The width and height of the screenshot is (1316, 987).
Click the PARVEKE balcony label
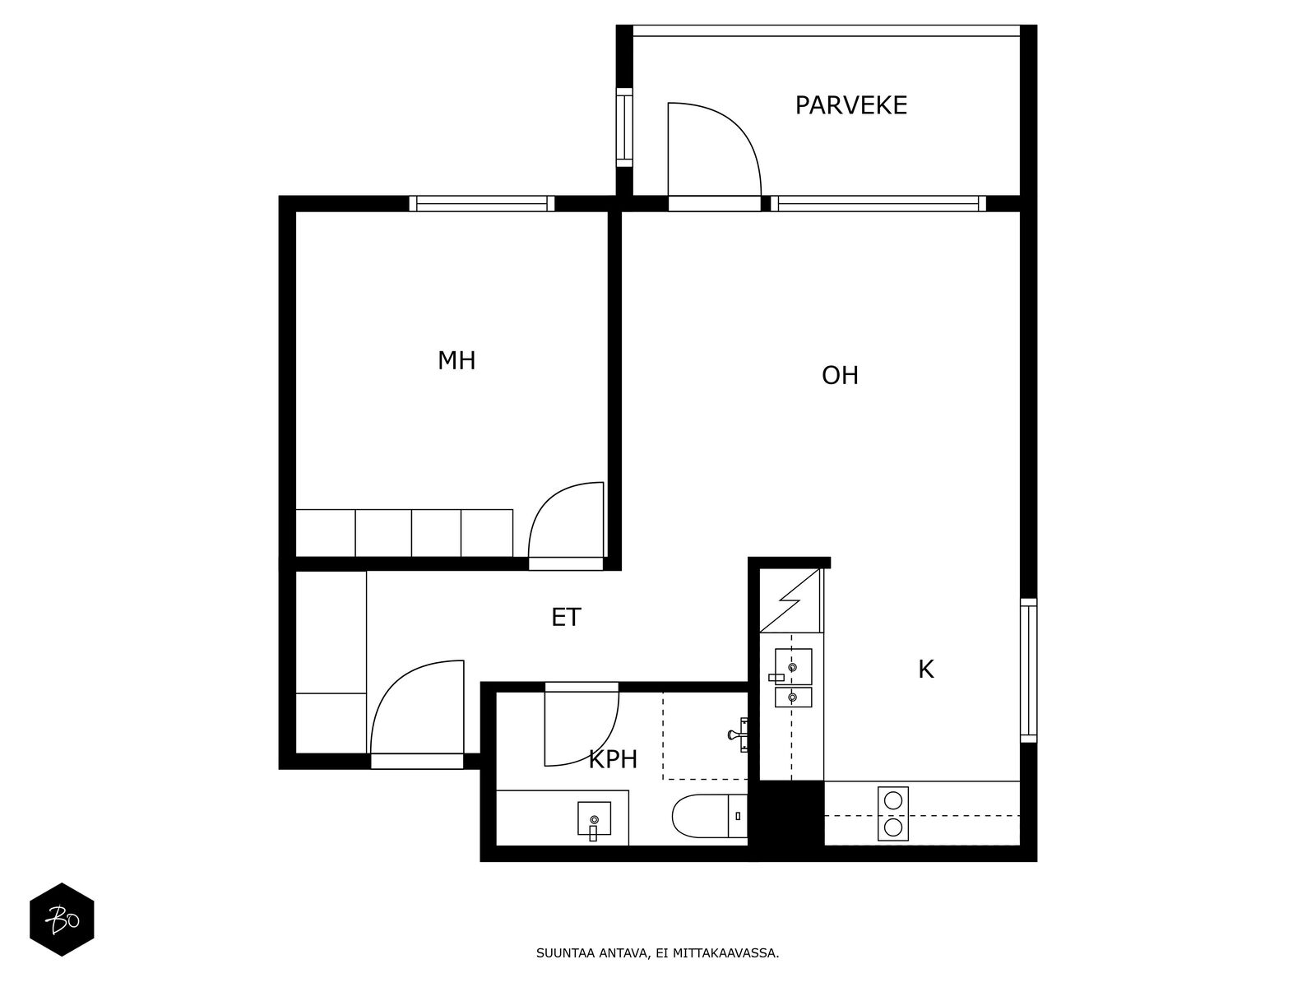850,105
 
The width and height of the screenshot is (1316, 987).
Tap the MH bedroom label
456,361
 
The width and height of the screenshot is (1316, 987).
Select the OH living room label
840,376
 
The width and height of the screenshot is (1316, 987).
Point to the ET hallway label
566,617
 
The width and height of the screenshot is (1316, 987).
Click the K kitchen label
925,670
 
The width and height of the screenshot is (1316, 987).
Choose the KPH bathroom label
612,759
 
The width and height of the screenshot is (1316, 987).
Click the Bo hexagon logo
62,920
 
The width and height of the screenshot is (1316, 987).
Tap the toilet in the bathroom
709,816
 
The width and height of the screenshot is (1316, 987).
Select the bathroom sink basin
594,819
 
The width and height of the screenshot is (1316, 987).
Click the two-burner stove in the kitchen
892,813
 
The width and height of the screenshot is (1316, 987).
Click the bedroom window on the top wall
481,204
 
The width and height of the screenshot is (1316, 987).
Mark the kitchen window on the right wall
1028,670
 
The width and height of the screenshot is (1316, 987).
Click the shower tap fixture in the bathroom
738,734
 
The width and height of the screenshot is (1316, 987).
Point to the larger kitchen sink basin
793,666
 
